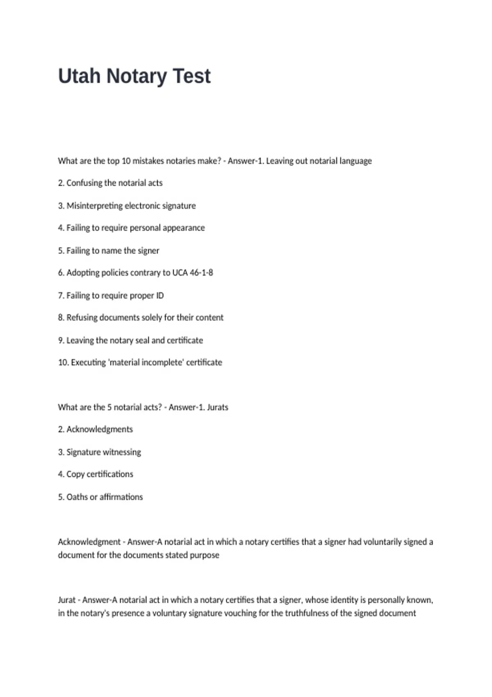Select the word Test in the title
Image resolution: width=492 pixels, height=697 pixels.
(x=191, y=76)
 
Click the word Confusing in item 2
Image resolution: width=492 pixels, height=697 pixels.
(x=85, y=183)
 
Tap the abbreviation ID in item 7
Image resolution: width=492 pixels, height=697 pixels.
(x=159, y=296)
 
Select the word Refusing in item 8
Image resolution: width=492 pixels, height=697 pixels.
(x=82, y=318)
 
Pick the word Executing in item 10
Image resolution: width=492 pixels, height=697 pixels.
(x=88, y=362)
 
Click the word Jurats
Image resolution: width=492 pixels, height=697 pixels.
(x=217, y=408)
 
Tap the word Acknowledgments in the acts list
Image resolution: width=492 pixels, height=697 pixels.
(x=100, y=429)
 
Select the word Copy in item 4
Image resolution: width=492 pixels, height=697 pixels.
(x=75, y=474)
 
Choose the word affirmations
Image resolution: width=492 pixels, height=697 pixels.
(x=121, y=497)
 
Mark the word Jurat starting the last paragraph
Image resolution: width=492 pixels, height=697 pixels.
(x=67, y=600)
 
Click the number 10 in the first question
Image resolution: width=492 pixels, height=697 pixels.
(x=126, y=161)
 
